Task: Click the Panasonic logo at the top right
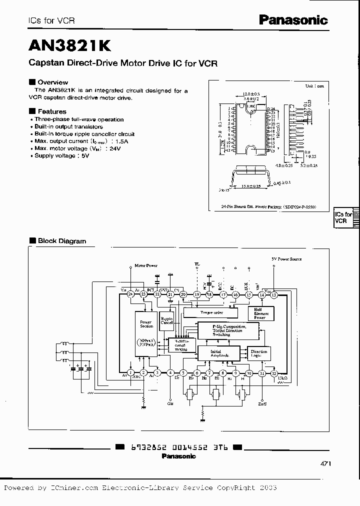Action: coord(293,20)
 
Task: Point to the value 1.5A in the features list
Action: coord(120,141)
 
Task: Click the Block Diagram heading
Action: coord(62,241)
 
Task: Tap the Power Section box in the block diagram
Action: coord(146,323)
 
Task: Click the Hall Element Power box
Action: coord(261,313)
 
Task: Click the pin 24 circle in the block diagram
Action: coord(130,295)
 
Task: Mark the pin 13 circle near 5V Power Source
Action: coord(273,295)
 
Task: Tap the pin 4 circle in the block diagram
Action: coord(170,372)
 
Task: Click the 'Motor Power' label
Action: coord(146,265)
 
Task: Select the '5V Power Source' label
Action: coord(286,259)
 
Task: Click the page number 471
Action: coord(325,463)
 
